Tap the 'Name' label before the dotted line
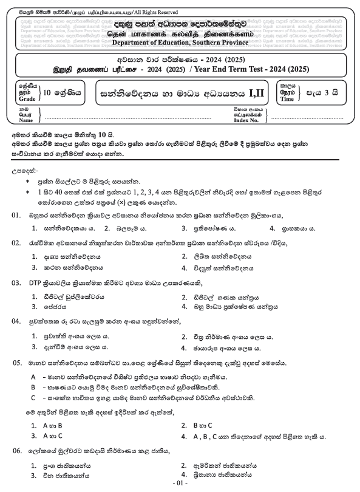(27, 120)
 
